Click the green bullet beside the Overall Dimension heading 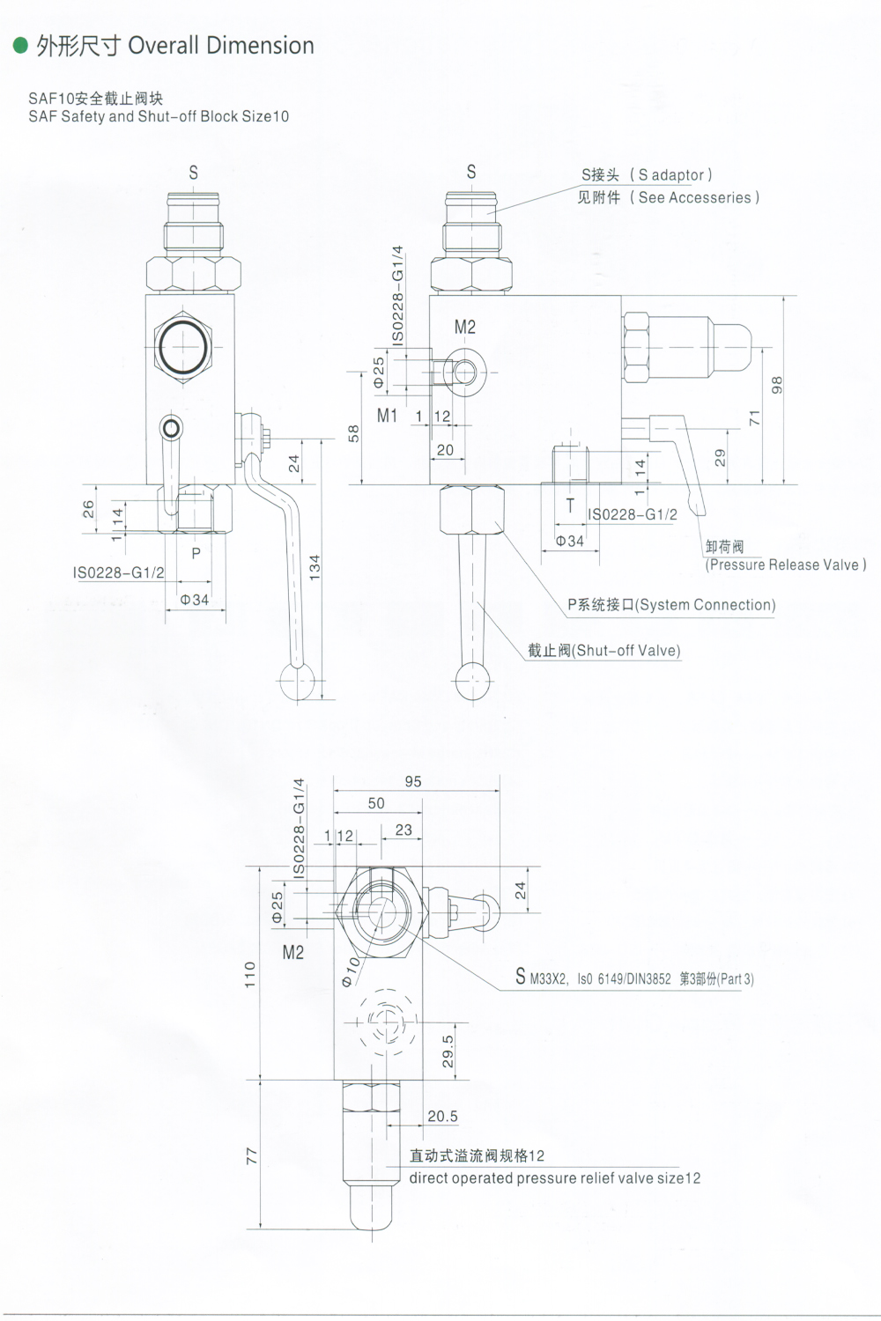[21, 46]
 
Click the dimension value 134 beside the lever [315, 566]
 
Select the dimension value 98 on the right [776, 385]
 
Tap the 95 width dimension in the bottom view [413, 781]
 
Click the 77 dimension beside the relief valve [250, 1155]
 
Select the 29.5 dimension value [448, 1051]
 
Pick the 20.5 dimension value [442, 1116]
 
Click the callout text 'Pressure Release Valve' [785, 565]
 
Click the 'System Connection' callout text [705, 605]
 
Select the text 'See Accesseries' [694, 198]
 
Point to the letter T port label [570, 506]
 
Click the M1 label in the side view [388, 416]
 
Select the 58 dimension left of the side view [354, 432]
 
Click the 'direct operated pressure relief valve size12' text [554, 1178]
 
